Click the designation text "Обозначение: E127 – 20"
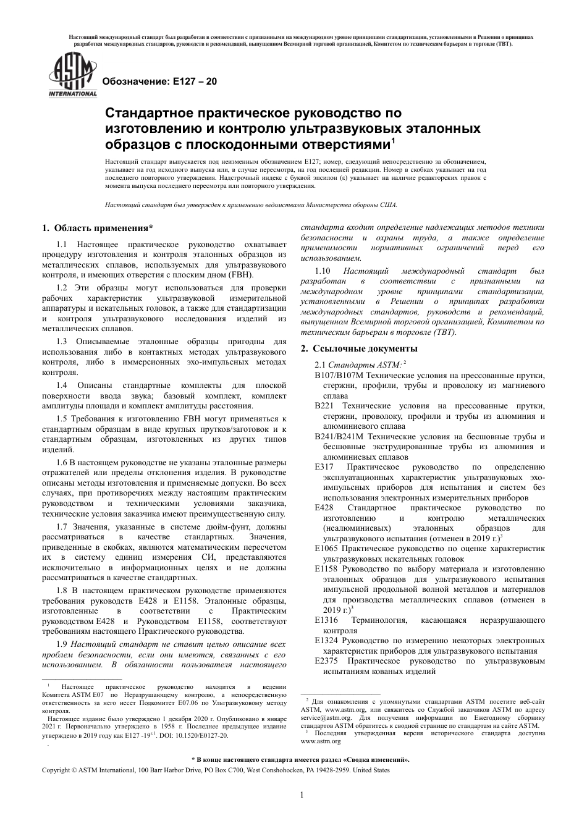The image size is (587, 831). [x=159, y=82]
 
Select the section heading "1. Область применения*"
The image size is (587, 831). [x=98, y=228]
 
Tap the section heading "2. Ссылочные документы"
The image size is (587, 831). [x=359, y=349]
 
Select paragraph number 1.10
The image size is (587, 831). [x=323, y=271]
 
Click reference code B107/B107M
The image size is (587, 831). [x=339, y=376]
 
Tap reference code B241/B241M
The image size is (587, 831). [x=339, y=436]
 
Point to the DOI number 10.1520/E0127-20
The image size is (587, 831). [x=197, y=735]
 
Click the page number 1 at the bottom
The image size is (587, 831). [x=301, y=795]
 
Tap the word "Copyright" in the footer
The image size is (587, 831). [x=56, y=770]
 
